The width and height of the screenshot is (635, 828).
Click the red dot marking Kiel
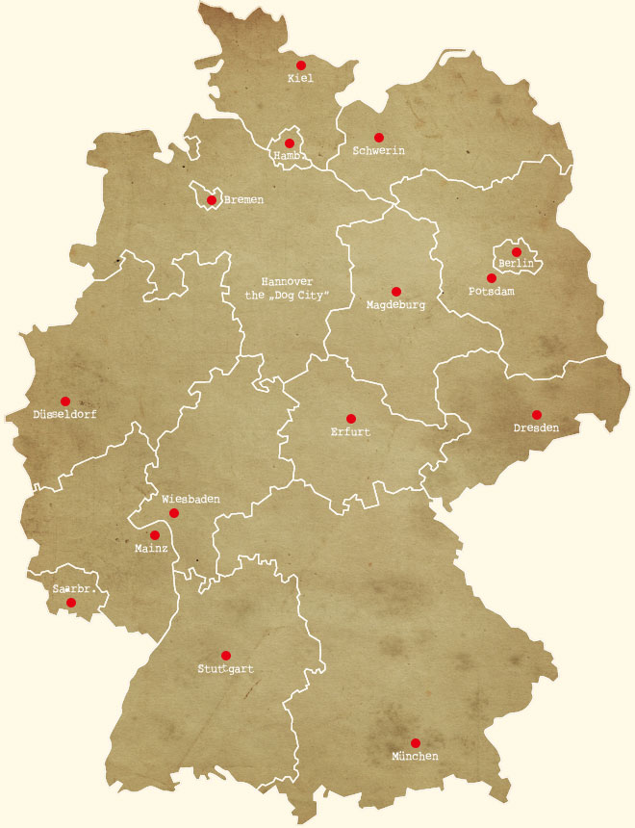click(x=301, y=65)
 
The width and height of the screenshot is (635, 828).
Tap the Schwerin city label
click(x=378, y=151)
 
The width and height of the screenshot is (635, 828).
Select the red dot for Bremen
click(x=212, y=200)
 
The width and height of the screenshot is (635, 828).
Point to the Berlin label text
click(x=516, y=264)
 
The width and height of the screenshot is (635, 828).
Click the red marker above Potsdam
click(x=492, y=277)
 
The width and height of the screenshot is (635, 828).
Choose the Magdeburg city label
click(x=395, y=305)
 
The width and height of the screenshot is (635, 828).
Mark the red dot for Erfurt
click(x=351, y=419)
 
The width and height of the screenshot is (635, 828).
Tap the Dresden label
click(x=536, y=427)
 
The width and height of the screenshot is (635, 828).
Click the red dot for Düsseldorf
click(x=65, y=401)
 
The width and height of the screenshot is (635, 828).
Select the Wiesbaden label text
click(x=190, y=499)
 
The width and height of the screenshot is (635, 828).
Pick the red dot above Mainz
click(x=155, y=535)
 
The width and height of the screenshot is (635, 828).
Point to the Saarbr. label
click(x=78, y=587)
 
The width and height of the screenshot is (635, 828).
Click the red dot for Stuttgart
click(x=226, y=656)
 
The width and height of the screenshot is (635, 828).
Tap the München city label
click(x=415, y=757)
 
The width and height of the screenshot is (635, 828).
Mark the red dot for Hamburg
click(x=290, y=143)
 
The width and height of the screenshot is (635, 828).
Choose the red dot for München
click(x=416, y=742)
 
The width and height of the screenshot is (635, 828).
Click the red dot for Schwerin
click(x=379, y=138)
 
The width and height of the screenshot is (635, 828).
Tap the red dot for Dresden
click(x=537, y=415)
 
